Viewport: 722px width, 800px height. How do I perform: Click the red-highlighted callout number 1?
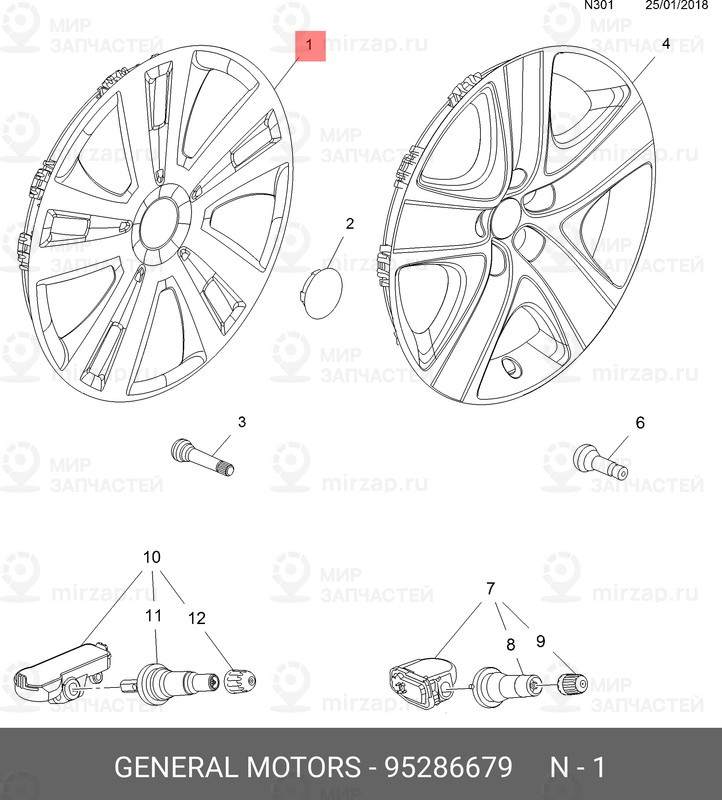[310, 45]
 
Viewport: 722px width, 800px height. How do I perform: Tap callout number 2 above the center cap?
[350, 223]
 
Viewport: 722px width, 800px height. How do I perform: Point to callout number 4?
[665, 44]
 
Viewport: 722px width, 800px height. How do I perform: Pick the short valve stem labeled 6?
[601, 462]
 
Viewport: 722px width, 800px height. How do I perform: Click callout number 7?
[490, 589]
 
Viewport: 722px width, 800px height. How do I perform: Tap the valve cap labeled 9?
[574, 684]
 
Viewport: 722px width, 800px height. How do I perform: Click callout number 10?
[152, 557]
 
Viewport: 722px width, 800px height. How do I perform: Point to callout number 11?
[153, 615]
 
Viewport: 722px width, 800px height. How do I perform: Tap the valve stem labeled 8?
[505, 686]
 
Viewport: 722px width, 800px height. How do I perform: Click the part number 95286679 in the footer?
[448, 766]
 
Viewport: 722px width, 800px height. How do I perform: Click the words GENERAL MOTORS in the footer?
[237, 766]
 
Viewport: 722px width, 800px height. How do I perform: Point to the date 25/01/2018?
[677, 6]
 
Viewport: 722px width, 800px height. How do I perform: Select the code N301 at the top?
[599, 6]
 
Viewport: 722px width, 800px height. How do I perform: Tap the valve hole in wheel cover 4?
[511, 366]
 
